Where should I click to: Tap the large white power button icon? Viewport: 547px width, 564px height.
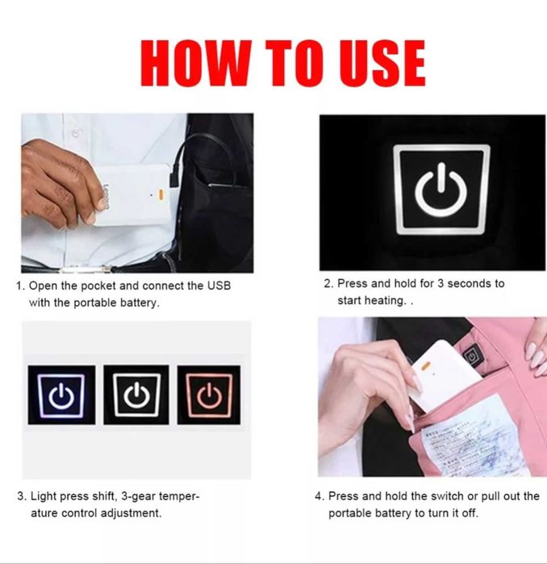(x=441, y=191)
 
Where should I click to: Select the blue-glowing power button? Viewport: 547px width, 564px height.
(x=61, y=395)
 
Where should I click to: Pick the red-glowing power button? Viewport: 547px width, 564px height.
(x=209, y=395)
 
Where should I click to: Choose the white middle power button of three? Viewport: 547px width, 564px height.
(x=136, y=395)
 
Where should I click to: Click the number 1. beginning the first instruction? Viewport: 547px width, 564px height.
(x=20, y=286)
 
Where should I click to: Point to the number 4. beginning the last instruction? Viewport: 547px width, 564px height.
(x=319, y=497)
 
